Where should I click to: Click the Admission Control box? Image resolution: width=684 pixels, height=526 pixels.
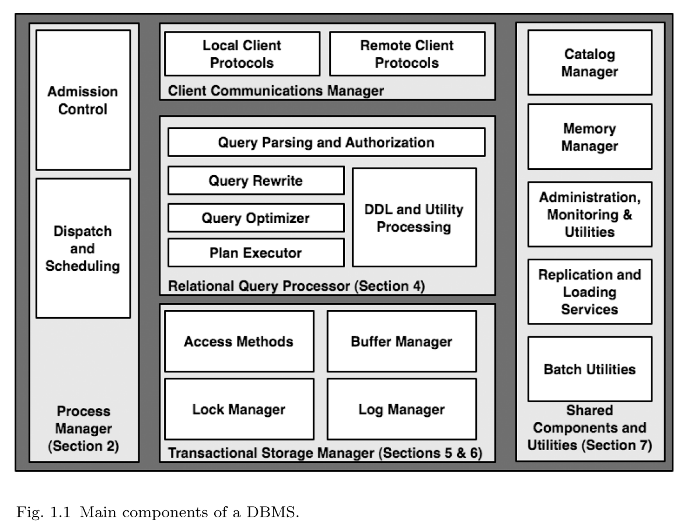[83, 100]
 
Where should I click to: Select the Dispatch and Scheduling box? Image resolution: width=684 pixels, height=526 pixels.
[83, 248]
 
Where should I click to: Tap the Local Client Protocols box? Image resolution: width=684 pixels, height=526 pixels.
[242, 54]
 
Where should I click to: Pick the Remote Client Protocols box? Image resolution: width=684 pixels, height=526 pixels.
[407, 54]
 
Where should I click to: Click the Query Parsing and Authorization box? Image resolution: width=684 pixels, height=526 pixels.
[326, 142]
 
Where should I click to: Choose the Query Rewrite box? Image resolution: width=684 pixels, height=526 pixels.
[256, 180]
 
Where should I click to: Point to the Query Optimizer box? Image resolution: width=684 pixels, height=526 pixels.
[256, 218]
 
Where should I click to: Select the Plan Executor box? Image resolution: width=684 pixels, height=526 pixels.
[256, 252]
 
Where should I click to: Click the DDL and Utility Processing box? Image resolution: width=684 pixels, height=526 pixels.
[414, 217]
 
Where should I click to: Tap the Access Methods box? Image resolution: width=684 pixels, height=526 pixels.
[239, 341]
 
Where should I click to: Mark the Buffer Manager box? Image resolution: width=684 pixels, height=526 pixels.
[402, 341]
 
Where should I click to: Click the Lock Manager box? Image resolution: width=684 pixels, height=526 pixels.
[239, 409]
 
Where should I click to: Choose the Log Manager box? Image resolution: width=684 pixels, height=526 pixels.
[402, 409]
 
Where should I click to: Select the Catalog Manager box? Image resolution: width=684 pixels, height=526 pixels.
[589, 62]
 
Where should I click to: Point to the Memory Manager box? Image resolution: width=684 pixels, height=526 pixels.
[589, 137]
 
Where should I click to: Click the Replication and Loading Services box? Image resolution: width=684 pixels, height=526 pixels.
[589, 291]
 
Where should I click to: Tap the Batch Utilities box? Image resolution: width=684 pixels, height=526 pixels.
[589, 369]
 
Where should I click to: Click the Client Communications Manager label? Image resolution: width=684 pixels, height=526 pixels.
[276, 90]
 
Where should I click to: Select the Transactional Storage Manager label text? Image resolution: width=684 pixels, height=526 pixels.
[325, 453]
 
